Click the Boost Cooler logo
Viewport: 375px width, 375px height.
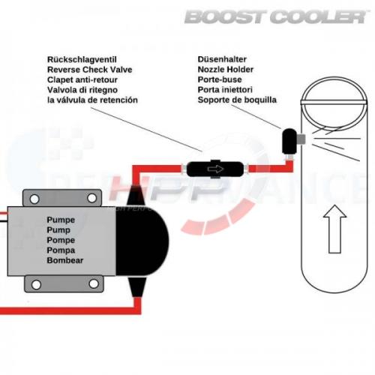[x=276, y=17]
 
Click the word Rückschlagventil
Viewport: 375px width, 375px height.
[x=82, y=60]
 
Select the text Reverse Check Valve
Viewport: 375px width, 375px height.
[x=90, y=70]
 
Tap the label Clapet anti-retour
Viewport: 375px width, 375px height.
[x=82, y=80]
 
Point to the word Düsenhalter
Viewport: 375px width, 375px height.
[x=222, y=59]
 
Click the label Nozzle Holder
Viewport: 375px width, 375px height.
[x=226, y=70]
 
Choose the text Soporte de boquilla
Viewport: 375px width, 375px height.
[x=237, y=100]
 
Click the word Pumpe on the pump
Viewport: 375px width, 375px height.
[x=61, y=220]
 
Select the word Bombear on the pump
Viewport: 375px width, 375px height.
[x=65, y=260]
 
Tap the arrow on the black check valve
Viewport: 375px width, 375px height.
[x=215, y=169]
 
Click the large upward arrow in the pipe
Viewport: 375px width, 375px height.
[x=334, y=229]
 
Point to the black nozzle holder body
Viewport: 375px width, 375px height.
[x=289, y=141]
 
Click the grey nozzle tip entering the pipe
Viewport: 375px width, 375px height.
[x=301, y=139]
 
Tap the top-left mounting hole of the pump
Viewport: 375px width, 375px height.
[x=34, y=199]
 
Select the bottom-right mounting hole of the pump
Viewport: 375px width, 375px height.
[x=94, y=283]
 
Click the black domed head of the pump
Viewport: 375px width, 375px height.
[x=142, y=241]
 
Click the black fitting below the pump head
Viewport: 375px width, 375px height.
[x=137, y=286]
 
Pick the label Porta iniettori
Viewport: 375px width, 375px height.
[x=225, y=90]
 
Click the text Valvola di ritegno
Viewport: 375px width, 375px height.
[x=82, y=90]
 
